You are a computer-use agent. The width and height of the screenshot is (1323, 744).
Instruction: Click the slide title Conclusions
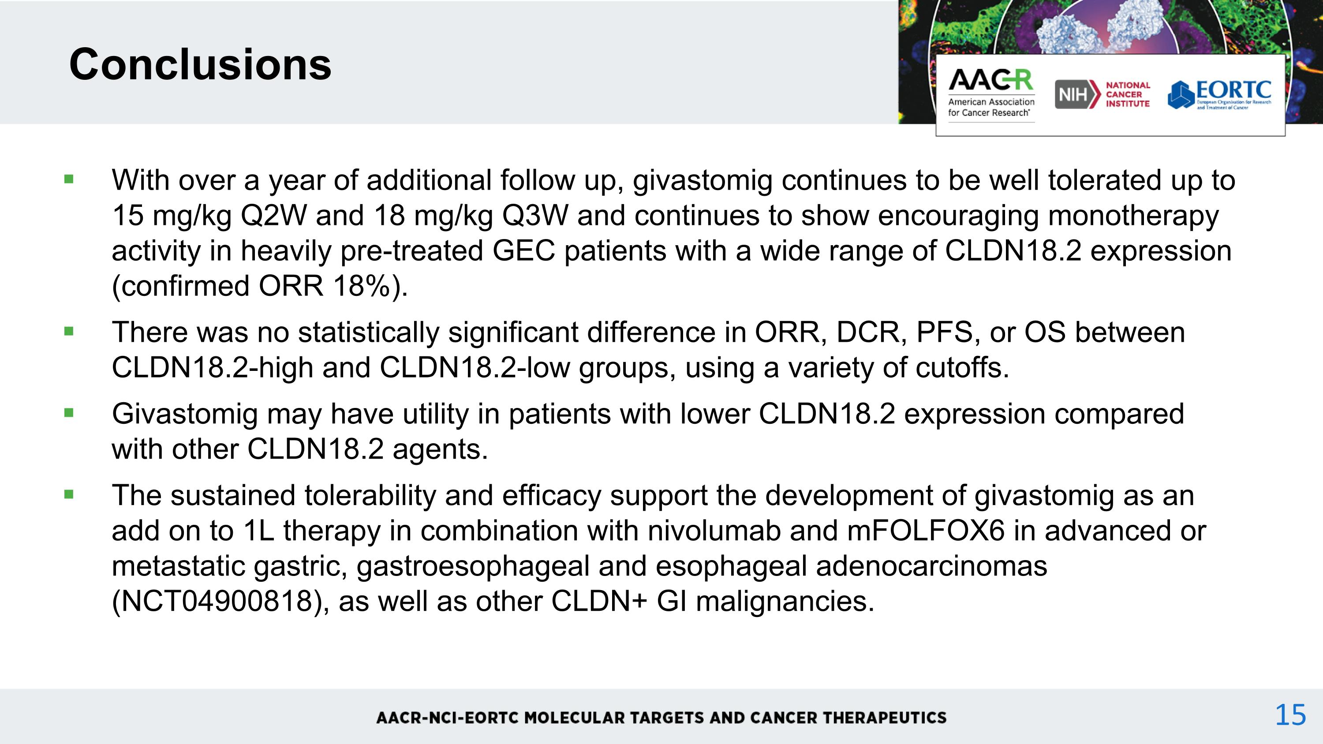coord(200,64)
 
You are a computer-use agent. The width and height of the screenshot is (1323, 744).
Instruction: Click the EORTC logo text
coord(1233,90)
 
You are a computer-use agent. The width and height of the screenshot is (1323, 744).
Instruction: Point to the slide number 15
coord(1290,715)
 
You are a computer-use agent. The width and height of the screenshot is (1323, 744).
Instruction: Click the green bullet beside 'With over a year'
coord(69,179)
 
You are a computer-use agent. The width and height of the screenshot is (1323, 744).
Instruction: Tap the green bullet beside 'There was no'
coord(69,332)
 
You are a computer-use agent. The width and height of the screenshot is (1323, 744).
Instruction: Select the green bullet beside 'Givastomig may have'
coord(69,413)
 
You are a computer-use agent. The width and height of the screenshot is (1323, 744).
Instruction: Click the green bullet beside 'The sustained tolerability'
coord(69,495)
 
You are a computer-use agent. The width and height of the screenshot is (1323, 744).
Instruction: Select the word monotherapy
coord(1133,215)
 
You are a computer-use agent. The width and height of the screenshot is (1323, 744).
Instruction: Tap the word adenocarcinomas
coord(931,566)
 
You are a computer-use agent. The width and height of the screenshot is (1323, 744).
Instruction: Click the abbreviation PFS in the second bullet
coord(945,332)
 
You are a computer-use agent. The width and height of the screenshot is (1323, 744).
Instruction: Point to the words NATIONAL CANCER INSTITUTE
coord(1128,94)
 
